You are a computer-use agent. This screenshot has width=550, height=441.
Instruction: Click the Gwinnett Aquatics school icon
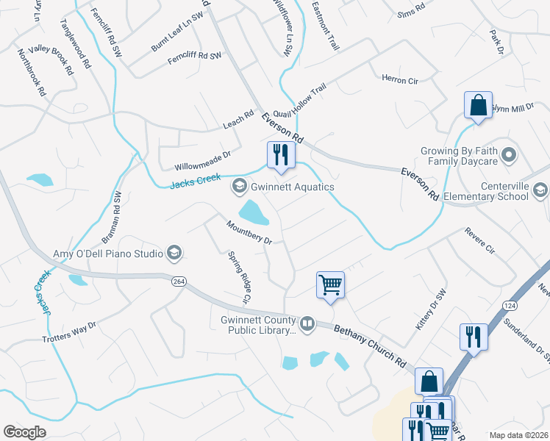tap(238, 187)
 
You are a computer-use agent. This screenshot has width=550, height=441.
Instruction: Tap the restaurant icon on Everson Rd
tap(280, 154)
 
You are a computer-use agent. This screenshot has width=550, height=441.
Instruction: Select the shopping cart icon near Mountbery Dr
tap(330, 284)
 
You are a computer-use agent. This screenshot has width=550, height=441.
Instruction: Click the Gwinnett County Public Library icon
tap(307, 322)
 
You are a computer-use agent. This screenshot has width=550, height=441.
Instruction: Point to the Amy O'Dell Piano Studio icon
tap(174, 254)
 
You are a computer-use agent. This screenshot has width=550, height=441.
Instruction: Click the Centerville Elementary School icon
tap(540, 191)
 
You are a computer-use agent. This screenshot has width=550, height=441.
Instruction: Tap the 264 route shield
tap(178, 282)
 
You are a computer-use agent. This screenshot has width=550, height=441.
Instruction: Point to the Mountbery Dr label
tap(249, 233)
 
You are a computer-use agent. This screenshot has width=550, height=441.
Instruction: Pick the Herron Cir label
tap(399, 79)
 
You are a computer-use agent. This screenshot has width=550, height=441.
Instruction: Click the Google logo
tap(24, 432)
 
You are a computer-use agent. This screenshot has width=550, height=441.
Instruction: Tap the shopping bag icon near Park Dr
tap(478, 104)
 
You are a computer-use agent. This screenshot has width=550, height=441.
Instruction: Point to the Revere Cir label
tap(479, 240)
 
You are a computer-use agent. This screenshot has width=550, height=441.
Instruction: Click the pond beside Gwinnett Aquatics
tap(253, 212)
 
